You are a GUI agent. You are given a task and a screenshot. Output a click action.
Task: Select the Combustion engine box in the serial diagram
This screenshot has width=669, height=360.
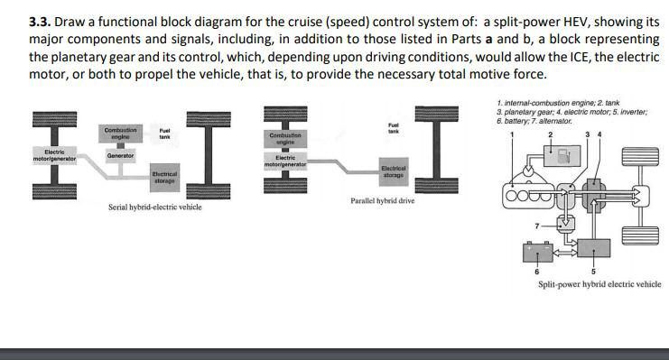point(120,134)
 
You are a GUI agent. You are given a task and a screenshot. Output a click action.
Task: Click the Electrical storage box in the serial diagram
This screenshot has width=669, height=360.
point(163,177)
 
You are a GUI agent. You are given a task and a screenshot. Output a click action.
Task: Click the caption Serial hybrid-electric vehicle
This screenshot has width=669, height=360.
point(154,207)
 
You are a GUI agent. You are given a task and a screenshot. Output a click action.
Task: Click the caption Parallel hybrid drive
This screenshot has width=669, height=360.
point(382,200)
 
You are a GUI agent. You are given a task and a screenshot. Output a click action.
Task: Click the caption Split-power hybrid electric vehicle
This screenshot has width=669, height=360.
point(599,284)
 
